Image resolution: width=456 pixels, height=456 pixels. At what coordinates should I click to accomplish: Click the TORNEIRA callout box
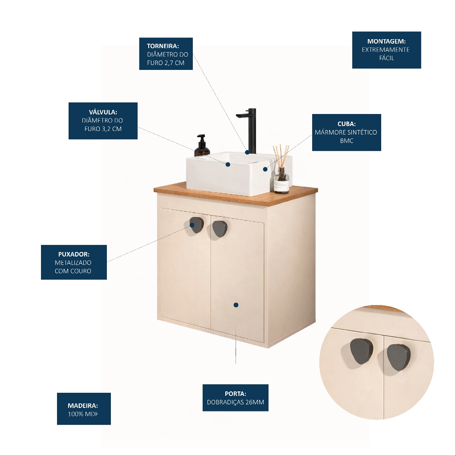(166, 53)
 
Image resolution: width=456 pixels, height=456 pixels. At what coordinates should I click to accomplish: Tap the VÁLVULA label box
(103, 121)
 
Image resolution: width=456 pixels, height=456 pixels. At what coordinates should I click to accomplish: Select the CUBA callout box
(346, 132)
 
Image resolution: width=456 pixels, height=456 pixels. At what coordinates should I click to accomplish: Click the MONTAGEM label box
(387, 50)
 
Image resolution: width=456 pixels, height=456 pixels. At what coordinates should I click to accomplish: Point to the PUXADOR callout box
(74, 262)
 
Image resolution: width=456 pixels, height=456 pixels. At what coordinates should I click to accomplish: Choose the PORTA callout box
(236, 398)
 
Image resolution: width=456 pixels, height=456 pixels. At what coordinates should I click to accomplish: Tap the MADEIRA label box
(84, 409)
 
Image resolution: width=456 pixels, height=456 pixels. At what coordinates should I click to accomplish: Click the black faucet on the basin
(248, 131)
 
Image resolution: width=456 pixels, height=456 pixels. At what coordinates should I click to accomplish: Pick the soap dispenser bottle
(202, 146)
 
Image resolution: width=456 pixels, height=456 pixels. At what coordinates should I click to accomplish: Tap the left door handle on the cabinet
(196, 225)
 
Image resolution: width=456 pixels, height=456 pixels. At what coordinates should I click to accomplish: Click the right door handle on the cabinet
(220, 228)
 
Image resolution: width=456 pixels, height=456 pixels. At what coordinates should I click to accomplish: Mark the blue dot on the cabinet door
(236, 305)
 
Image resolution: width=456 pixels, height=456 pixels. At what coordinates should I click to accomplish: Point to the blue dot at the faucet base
(247, 152)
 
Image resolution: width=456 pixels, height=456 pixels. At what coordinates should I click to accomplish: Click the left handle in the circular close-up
(362, 351)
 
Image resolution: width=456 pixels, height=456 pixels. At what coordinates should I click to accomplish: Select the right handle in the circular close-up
(399, 358)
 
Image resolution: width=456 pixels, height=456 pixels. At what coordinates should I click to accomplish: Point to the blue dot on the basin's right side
(265, 169)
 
